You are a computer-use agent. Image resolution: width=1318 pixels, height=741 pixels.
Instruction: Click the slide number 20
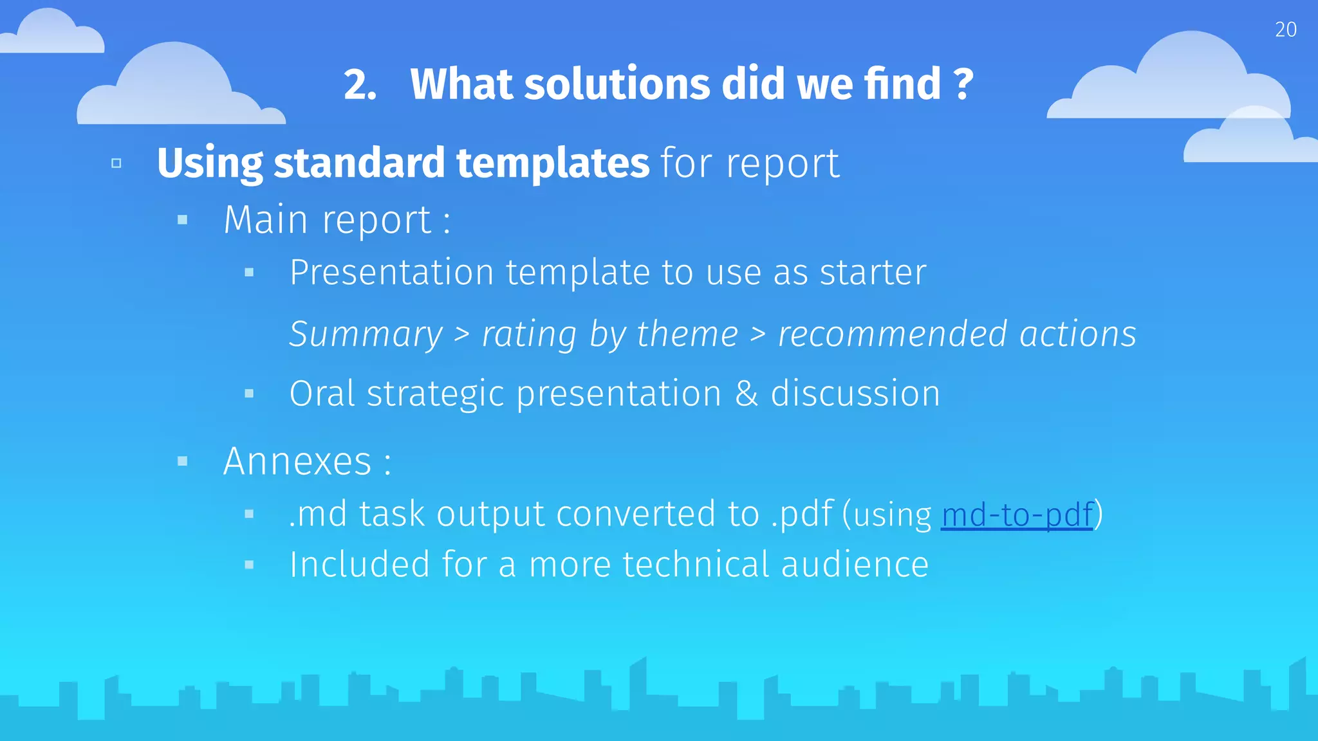1285,30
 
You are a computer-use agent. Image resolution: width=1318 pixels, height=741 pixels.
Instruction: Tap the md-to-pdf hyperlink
1017,515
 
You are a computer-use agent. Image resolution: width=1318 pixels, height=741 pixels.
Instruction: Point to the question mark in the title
962,84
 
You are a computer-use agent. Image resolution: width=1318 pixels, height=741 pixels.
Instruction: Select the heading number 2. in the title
360,84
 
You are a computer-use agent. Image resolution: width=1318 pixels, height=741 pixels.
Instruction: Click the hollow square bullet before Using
116,163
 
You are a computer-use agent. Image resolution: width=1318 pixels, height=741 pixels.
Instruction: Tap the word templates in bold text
552,163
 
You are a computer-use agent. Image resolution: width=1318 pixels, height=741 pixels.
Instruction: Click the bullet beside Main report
183,220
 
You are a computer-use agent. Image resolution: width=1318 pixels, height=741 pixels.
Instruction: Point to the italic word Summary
366,334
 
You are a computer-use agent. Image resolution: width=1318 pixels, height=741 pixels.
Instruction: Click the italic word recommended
892,334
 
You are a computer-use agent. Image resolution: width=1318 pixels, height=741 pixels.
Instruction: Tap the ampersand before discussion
746,394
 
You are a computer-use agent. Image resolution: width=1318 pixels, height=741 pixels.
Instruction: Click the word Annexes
297,461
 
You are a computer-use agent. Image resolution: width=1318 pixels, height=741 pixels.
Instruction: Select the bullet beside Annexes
183,461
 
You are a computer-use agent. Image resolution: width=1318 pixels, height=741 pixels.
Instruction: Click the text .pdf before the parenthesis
802,514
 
